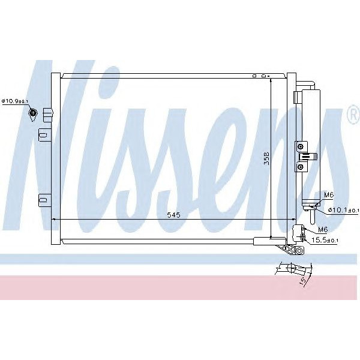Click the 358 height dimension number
pyautogui.click(x=267, y=159)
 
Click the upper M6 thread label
pyautogui.click(x=329, y=196)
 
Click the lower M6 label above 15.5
pyautogui.click(x=322, y=230)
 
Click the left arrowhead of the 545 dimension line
pyautogui.click(x=55, y=220)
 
